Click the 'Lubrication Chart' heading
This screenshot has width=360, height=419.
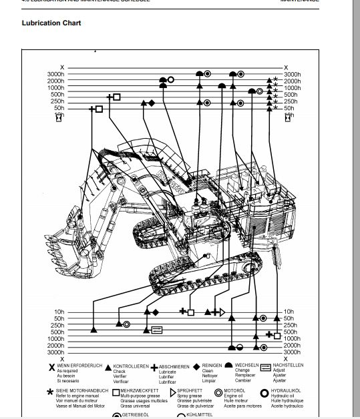point(51,23)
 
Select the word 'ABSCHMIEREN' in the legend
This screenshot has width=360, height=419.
point(176,366)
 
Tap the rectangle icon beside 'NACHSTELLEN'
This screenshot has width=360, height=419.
point(265,367)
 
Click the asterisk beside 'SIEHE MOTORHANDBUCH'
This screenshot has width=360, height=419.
point(51,392)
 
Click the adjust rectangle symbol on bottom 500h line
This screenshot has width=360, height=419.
point(156,329)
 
